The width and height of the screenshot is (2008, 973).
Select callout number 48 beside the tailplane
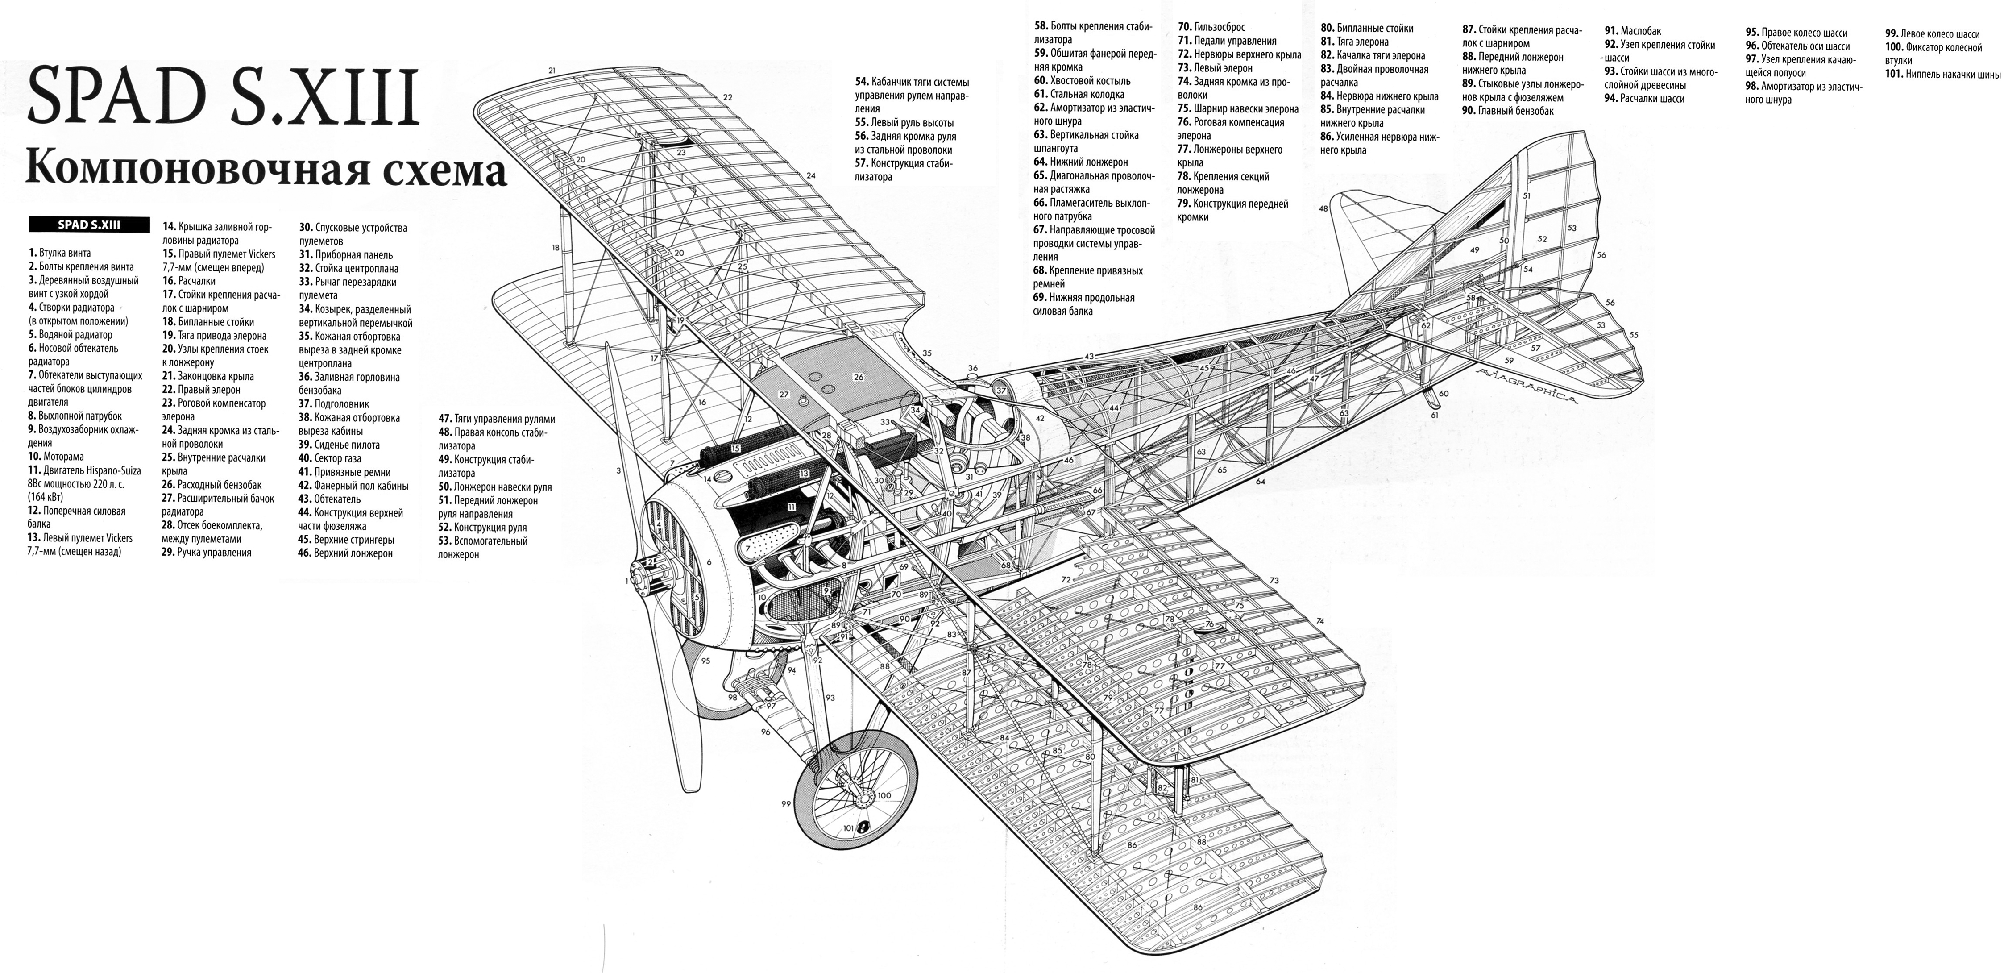click(1323, 208)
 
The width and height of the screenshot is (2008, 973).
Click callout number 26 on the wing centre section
click(858, 377)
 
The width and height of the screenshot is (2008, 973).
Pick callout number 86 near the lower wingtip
click(1197, 907)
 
